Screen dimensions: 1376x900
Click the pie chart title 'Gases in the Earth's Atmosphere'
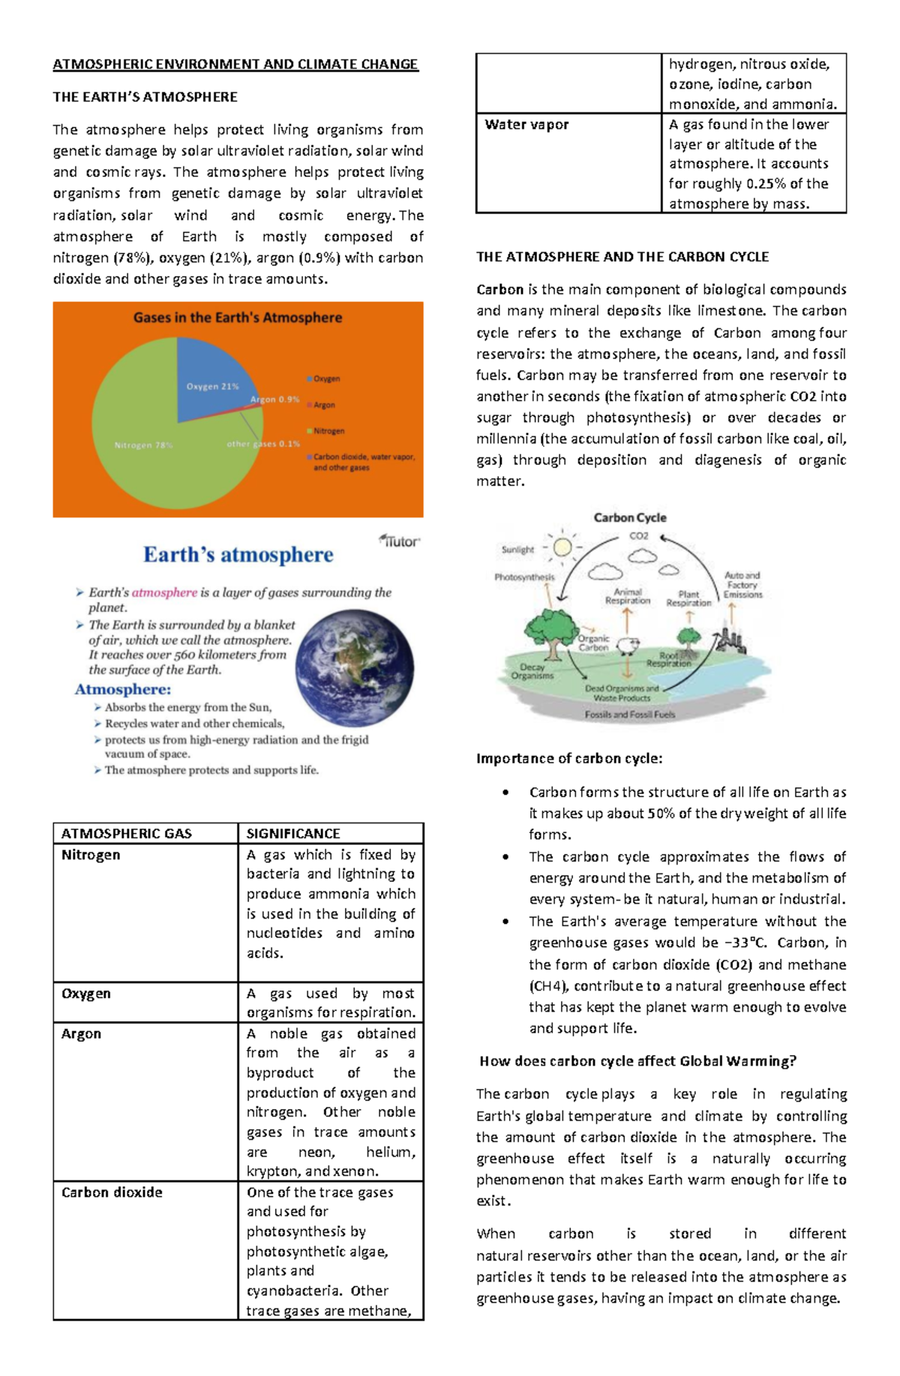238,317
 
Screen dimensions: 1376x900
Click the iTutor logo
400,541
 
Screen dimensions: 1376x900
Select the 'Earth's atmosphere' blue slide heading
238,555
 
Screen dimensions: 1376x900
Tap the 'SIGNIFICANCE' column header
293,833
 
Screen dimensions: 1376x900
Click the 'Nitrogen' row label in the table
91,855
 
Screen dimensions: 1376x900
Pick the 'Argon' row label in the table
81,1033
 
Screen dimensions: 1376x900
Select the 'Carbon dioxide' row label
112,1192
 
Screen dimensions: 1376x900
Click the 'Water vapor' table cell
526,124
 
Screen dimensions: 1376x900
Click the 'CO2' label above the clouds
639,535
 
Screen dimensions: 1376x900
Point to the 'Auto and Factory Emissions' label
742,585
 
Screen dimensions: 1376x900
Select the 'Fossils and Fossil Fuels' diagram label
630,715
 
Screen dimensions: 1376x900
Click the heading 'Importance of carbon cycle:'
569,758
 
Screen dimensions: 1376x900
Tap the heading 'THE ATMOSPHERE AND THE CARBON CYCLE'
622,256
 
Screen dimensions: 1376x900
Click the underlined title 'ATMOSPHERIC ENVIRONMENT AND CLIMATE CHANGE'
235,64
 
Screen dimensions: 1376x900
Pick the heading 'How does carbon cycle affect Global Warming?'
637,1061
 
